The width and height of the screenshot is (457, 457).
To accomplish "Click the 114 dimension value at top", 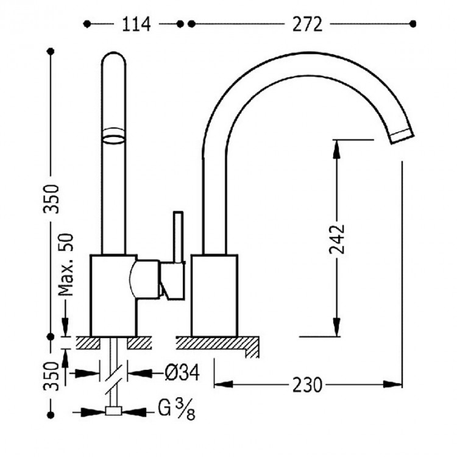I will [x=135, y=24].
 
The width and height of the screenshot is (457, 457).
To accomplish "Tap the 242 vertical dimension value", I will [x=339, y=241].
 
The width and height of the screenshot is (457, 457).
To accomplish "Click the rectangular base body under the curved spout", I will [x=214, y=295].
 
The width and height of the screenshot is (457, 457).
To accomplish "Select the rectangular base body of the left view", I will [x=112, y=295].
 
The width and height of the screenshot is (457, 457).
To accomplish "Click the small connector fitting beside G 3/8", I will [x=113, y=412].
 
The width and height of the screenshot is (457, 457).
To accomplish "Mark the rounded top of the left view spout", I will [x=114, y=58].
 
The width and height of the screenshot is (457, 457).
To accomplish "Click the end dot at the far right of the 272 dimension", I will [x=413, y=24].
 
